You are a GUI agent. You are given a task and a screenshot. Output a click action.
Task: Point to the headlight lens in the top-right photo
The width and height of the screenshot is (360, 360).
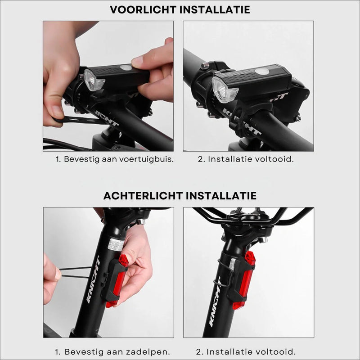(224, 90)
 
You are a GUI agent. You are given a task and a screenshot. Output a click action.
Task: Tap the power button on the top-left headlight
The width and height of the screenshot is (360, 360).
(127, 67)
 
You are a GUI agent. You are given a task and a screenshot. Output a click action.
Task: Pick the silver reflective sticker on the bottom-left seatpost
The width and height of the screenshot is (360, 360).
(116, 244)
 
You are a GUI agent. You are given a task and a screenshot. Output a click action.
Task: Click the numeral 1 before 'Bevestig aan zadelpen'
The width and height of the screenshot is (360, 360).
(57, 351)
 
